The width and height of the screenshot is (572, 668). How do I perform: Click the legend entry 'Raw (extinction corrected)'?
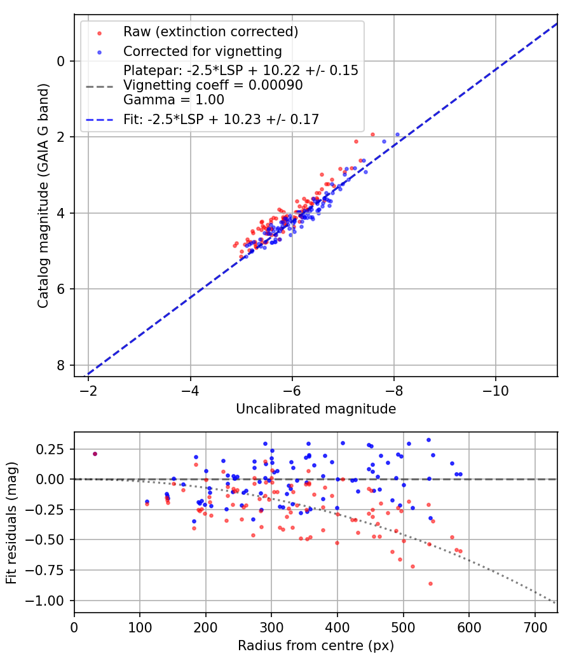(210, 32)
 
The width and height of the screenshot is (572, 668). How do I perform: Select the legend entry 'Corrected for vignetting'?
(202, 51)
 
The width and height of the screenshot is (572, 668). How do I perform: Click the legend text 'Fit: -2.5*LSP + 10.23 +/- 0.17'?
(221, 118)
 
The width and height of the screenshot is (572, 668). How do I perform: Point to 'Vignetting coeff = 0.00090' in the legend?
(213, 85)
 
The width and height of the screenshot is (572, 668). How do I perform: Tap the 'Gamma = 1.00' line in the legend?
(174, 100)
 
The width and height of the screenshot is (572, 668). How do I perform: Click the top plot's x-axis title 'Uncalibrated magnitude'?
(316, 409)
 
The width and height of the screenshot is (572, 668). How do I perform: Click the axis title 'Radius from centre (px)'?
(316, 646)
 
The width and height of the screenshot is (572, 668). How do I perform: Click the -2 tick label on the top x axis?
(88, 390)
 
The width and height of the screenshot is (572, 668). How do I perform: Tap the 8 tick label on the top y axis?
(60, 365)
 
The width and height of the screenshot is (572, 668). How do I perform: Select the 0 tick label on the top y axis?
(60, 61)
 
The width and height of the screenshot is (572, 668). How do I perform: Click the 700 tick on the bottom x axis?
(535, 627)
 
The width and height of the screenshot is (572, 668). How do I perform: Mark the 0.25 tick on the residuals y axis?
(52, 449)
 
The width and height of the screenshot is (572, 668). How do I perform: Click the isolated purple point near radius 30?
(95, 454)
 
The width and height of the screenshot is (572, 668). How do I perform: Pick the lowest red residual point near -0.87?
(430, 583)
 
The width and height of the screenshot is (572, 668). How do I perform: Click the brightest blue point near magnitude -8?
(398, 134)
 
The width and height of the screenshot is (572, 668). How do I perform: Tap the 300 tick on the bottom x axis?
(271, 627)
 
